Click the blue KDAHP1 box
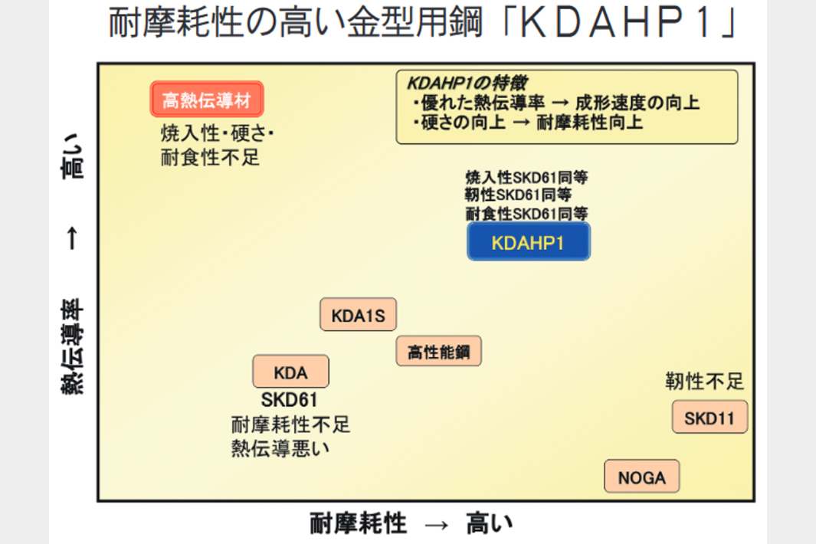coord(529,242)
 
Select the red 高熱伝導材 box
coord(207,100)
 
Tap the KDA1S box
coord(358,314)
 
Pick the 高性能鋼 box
coord(438,352)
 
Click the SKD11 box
coord(709,418)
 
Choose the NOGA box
coord(642,477)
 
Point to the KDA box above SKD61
coord(290,372)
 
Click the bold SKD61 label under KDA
coord(290,400)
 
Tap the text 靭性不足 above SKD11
coord(704,381)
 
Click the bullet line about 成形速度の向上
coord(555,103)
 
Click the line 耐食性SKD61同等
coord(526,213)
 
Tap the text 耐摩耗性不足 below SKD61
coord(290,424)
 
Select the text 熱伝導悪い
coord(280,447)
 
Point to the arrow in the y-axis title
coord(72,241)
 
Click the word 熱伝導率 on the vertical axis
coord(73,348)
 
